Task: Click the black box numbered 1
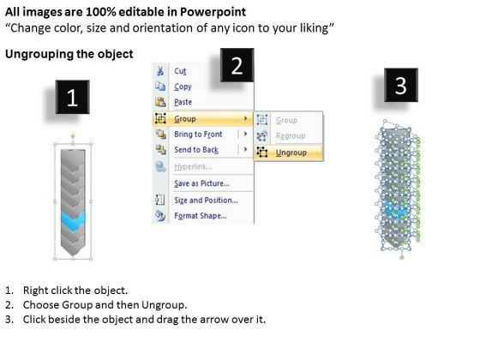[73, 97]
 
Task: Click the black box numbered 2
[237, 65]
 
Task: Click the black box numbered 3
[401, 85]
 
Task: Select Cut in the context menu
[180, 71]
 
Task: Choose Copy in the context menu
[183, 87]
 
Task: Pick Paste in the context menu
[183, 102]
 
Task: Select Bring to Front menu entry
[198, 134]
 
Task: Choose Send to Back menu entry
[196, 150]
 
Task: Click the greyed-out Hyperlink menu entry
[193, 166]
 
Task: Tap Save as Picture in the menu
[201, 183]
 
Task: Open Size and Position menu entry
[206, 201]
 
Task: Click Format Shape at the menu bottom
[201, 216]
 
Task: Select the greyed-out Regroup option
[291, 135]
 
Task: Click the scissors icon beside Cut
[160, 71]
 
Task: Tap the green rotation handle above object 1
[73, 136]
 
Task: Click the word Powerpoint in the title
[213, 12]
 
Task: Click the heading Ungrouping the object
[69, 54]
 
